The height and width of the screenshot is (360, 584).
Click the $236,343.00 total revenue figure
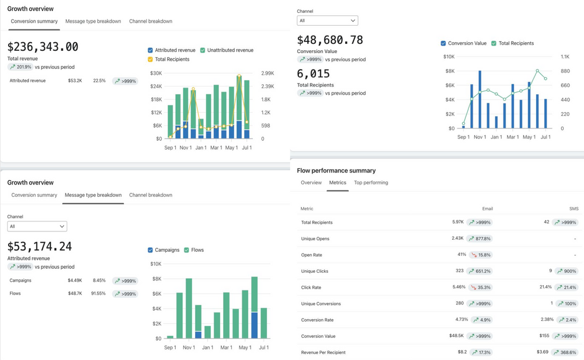pos(43,47)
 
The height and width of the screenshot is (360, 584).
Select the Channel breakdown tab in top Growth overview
pos(150,22)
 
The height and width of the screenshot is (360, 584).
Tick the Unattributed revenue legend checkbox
pos(203,50)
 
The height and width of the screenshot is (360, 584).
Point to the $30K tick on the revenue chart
pos(156,73)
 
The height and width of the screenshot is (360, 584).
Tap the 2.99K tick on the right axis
pos(267,73)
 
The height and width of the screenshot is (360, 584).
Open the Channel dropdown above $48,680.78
pos(327,20)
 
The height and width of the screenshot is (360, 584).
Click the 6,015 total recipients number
pos(314,74)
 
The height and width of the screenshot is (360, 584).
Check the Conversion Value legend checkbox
pos(443,43)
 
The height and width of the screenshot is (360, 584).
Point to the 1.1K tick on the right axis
pos(565,57)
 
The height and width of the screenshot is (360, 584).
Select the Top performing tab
pos(371,183)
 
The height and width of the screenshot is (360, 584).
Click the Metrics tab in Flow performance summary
pos(338,183)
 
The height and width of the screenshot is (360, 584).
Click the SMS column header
pos(573,209)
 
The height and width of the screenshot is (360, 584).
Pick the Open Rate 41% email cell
pos(461,255)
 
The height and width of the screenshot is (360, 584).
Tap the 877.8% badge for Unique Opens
pos(479,238)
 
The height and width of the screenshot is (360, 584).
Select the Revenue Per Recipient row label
pos(323,352)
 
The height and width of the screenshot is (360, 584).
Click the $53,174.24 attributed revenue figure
pos(40,247)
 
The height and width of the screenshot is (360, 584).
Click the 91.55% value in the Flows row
pos(98,293)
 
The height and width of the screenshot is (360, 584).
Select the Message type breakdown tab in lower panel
pos(93,195)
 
